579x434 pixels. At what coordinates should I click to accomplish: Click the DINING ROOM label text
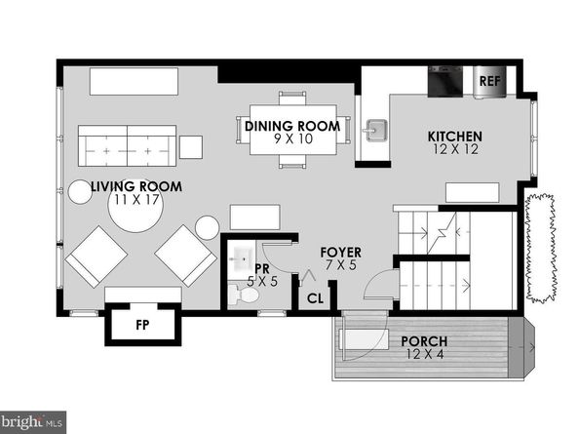(292, 126)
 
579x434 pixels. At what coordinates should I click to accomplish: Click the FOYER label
(341, 253)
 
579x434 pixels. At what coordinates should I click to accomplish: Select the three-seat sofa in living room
(128, 147)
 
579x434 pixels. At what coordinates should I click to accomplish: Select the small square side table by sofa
(191, 147)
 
